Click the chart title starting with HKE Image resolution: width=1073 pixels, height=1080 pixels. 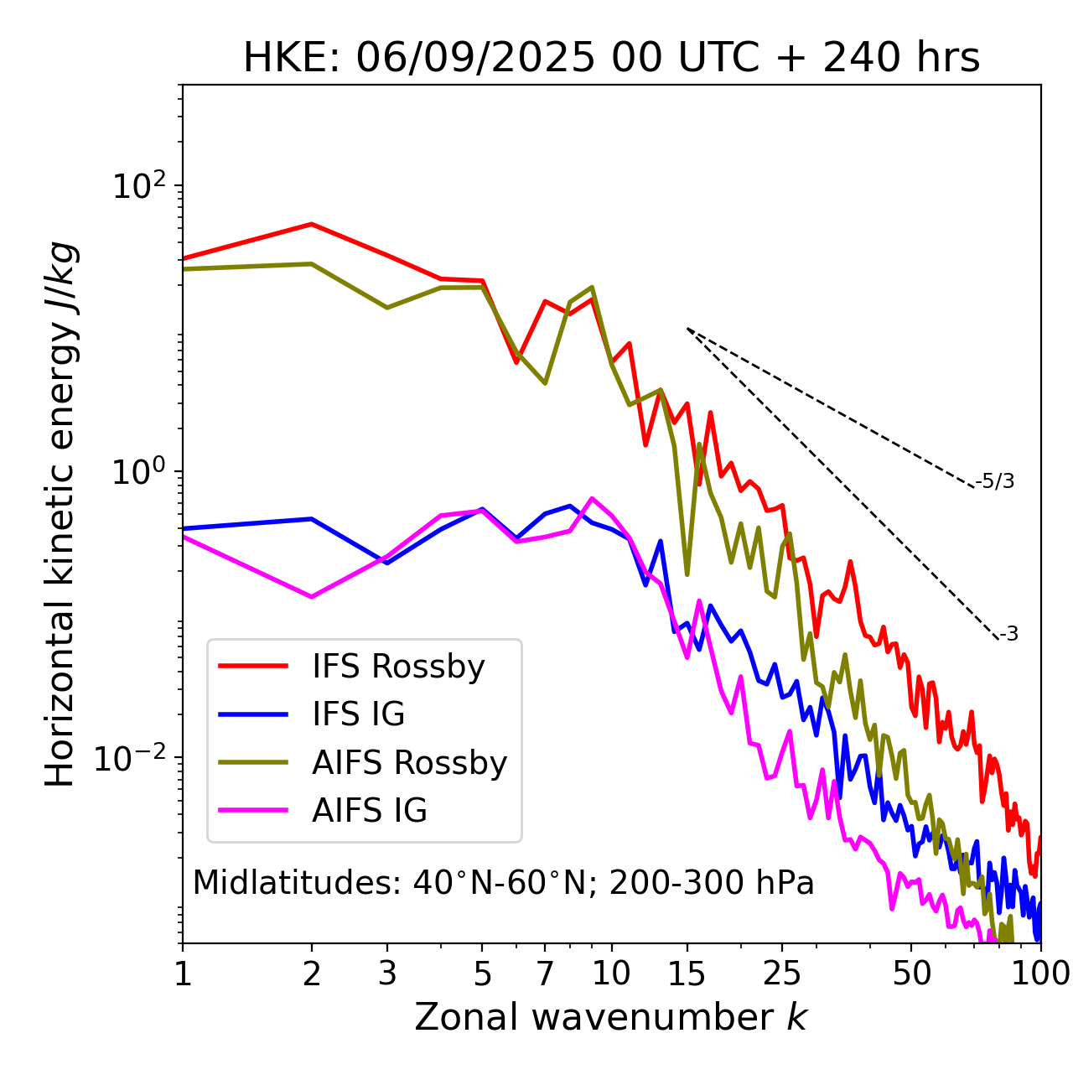(611, 58)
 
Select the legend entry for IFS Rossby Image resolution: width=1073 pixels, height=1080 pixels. (398, 667)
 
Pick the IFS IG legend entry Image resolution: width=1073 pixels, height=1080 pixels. (358, 714)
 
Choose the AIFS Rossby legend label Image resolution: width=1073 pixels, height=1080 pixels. (409, 763)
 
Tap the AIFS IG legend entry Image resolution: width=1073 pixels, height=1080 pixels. (369, 811)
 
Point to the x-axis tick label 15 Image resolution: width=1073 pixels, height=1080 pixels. (687, 974)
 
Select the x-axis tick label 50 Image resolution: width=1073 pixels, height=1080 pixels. (911, 974)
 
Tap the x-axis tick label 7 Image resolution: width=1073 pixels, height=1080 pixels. (545, 974)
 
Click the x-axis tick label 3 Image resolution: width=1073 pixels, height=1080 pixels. (387, 974)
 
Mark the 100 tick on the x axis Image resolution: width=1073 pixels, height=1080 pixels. (1039, 974)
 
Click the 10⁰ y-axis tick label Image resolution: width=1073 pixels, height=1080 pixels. (137, 471)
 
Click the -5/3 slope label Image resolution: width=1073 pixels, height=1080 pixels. (995, 481)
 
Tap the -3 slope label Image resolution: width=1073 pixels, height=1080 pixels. (1008, 635)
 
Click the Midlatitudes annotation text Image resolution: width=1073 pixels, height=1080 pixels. (503, 883)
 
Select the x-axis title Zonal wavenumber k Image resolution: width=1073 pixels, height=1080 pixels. (611, 1017)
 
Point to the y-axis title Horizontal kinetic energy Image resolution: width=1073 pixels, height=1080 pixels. (60, 514)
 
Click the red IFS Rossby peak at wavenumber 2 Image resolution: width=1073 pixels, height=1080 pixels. (312, 224)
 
